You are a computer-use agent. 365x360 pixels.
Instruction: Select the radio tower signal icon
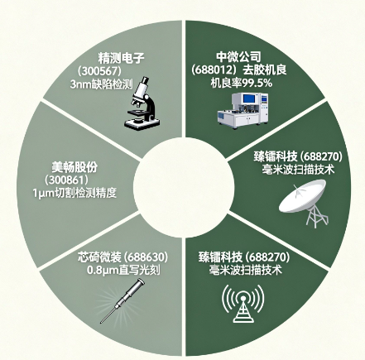[243, 303]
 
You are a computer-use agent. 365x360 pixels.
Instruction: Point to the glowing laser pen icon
[122, 300]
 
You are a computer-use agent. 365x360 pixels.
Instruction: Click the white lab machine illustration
[243, 110]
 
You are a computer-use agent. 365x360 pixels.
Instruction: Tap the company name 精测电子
[122, 58]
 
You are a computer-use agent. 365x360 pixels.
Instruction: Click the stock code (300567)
[99, 71]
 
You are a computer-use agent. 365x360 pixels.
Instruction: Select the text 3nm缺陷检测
[101, 84]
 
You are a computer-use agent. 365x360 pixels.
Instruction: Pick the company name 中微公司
[238, 57]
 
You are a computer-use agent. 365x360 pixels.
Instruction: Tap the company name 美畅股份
[74, 167]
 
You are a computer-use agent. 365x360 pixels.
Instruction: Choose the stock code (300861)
[67, 180]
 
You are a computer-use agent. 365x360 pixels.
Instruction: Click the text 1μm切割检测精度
[74, 193]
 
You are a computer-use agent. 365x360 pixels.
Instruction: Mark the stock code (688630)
[146, 257]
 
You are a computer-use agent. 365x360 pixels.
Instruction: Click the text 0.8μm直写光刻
[123, 270]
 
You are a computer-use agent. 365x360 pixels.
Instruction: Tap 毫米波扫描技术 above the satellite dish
[298, 169]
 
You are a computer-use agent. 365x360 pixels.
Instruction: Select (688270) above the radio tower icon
[267, 257]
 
